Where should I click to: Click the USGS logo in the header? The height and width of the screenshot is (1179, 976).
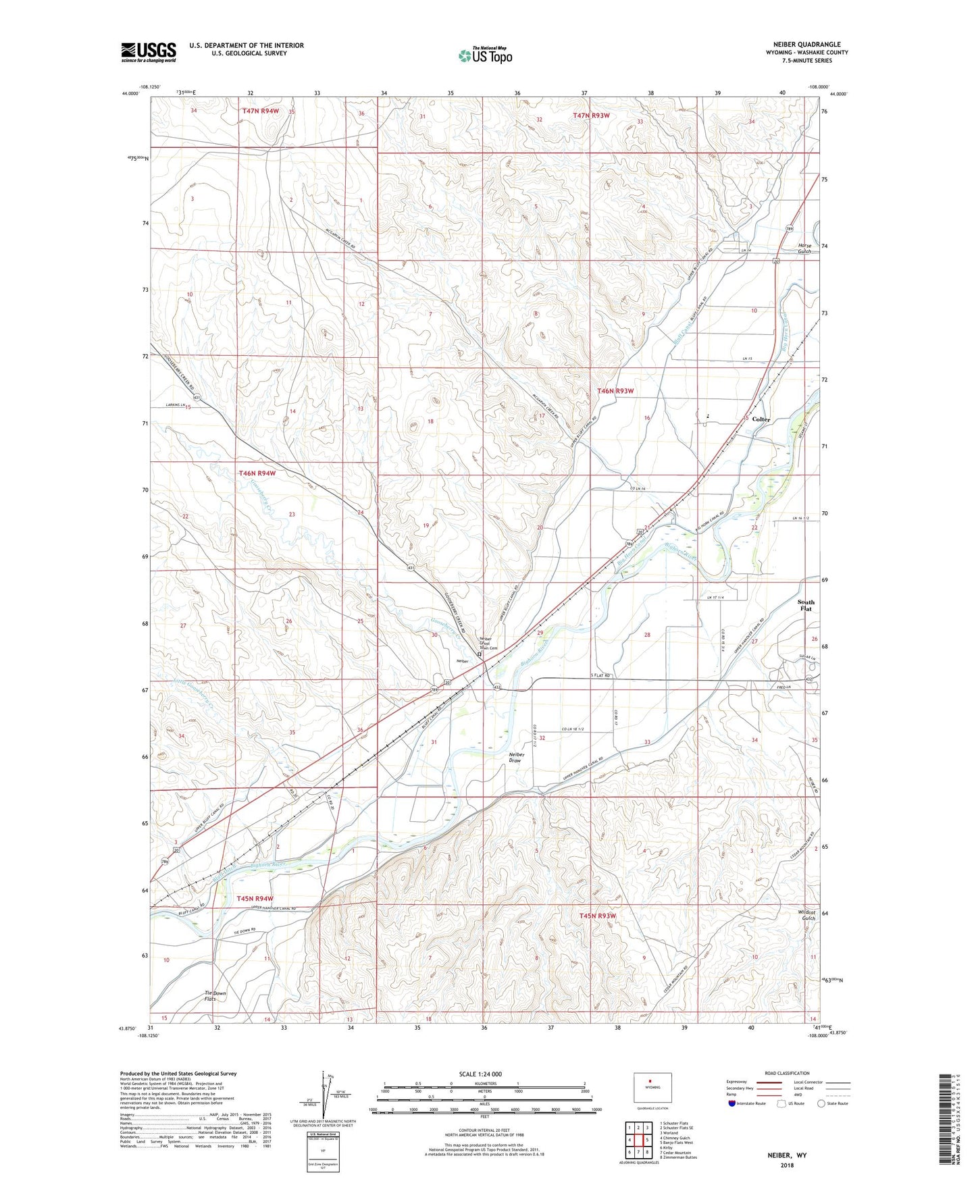coord(149,52)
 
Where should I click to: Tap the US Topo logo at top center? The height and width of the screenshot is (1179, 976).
coord(484,55)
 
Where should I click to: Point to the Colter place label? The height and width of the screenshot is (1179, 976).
coord(761,419)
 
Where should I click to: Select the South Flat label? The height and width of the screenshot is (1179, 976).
coord(806,605)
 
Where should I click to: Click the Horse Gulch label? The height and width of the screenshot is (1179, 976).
coord(804,248)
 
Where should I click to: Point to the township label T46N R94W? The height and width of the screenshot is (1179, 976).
coord(257,474)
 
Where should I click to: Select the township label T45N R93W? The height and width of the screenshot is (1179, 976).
coord(598,916)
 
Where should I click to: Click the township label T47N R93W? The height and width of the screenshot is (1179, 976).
coord(592,115)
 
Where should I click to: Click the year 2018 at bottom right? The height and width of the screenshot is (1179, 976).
coord(787,1165)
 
